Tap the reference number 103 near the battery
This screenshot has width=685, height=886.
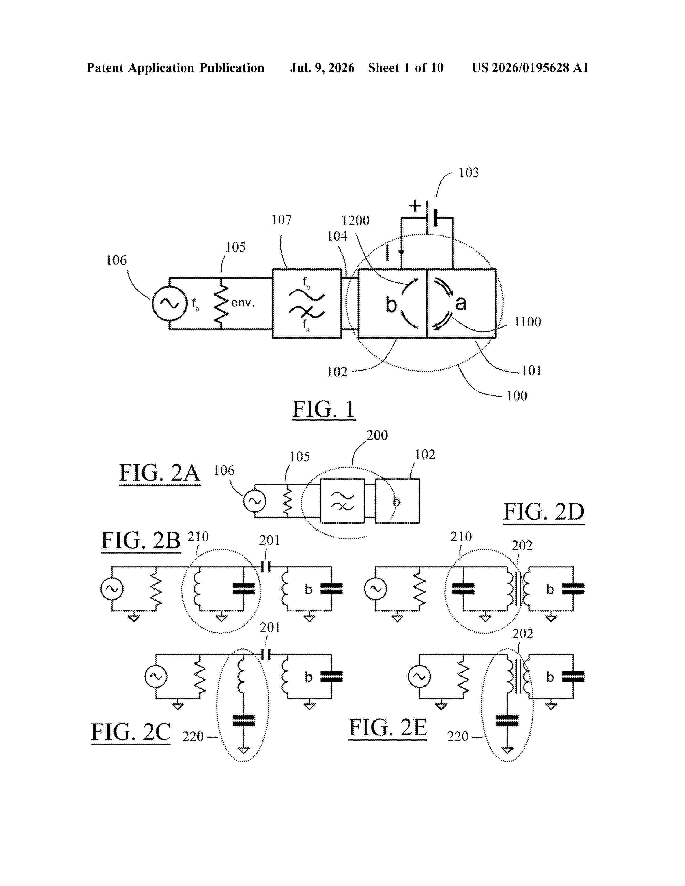click(469, 172)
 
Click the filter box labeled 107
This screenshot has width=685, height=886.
click(307, 303)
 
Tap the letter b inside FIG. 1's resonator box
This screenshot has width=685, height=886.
click(391, 305)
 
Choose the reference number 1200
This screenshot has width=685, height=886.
click(355, 221)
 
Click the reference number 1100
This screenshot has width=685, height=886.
click(528, 322)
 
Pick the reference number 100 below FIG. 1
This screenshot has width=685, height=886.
click(517, 395)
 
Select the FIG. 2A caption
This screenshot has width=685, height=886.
click(160, 473)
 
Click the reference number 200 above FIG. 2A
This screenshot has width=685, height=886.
click(377, 435)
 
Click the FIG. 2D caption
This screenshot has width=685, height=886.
click(544, 512)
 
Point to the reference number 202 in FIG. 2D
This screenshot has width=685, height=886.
click(522, 546)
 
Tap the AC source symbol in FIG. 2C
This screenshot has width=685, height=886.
click(156, 676)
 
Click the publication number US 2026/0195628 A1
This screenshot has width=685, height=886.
click(530, 68)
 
